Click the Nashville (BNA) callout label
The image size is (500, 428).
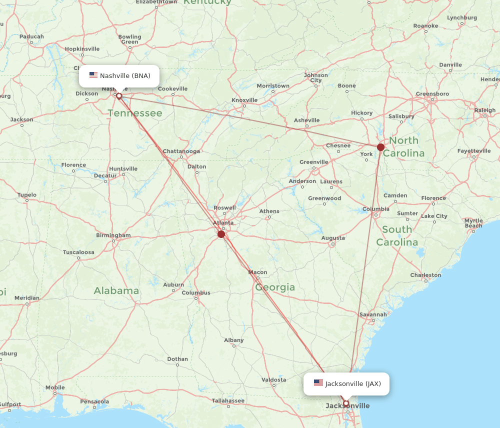119,76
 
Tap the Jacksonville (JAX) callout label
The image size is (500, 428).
346,384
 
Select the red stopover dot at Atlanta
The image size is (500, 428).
221,233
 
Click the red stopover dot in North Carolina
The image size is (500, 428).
381,147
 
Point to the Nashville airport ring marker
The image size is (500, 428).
119,95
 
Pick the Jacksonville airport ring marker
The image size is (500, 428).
345,403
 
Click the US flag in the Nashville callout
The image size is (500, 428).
93,75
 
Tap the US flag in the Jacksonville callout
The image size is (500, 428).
318,383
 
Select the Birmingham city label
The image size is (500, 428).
113,235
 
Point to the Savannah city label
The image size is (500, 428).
373,314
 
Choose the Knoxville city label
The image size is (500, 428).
244,100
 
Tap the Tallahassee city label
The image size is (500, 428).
227,400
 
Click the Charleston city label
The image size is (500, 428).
425,275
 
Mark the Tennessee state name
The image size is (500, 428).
135,113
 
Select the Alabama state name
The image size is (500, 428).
116,290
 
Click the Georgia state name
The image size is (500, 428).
275,287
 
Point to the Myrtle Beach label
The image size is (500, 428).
473,223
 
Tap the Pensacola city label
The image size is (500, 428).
94,401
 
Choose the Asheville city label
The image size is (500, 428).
306,120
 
